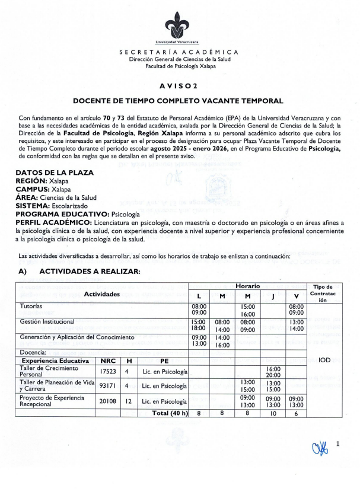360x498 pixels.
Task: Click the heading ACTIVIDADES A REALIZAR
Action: click(89, 272)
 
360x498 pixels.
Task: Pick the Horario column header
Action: click(247, 286)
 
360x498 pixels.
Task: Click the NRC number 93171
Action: click(108, 386)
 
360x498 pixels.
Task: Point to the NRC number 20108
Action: click(108, 401)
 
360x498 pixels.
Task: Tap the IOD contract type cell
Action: click(324, 360)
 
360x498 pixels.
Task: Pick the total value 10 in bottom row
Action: click(273, 413)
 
